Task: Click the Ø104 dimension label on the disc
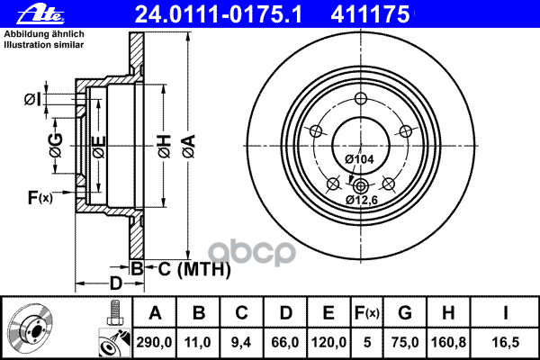[x=359, y=158]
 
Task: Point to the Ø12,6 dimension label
[x=362, y=200]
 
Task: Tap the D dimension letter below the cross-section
[x=116, y=284]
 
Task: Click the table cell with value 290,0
[x=154, y=341]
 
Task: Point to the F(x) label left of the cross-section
[x=40, y=197]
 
